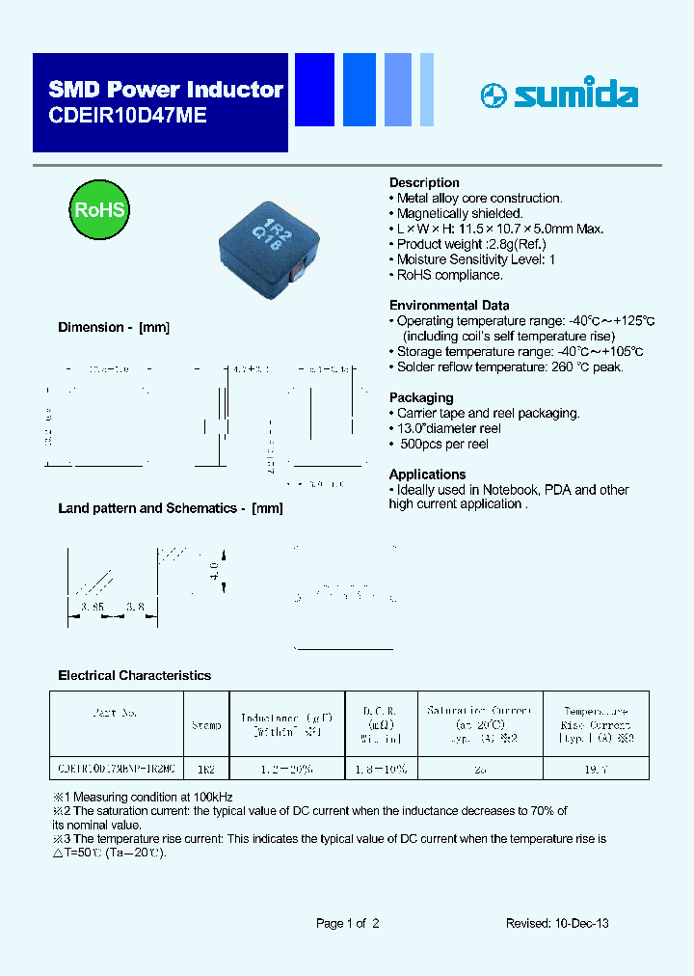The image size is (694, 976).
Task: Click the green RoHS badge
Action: [x=100, y=209]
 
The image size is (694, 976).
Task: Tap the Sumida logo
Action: [x=559, y=95]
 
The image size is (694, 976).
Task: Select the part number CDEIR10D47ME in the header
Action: [x=127, y=114]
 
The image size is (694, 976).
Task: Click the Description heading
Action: [x=424, y=182]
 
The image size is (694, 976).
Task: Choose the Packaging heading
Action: [x=421, y=397]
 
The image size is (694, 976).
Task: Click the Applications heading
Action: [x=427, y=474]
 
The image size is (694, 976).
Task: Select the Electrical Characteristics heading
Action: [x=135, y=675]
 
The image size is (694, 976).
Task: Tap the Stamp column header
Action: [x=206, y=724]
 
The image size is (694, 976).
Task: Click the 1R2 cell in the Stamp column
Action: [x=206, y=769]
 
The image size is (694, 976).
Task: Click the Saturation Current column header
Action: [x=479, y=724]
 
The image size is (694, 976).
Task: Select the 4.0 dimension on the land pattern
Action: [x=214, y=567]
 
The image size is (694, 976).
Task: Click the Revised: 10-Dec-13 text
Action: [x=557, y=923]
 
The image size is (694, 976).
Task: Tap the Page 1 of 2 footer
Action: [x=348, y=923]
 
